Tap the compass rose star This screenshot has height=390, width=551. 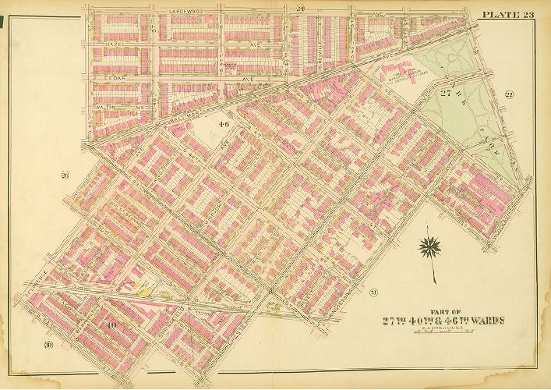tap(429, 249)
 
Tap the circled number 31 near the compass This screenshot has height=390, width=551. tap(375, 292)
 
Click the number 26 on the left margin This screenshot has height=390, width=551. tap(65, 175)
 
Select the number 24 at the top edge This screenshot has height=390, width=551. tap(299, 8)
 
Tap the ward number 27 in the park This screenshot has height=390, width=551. tap(446, 94)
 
